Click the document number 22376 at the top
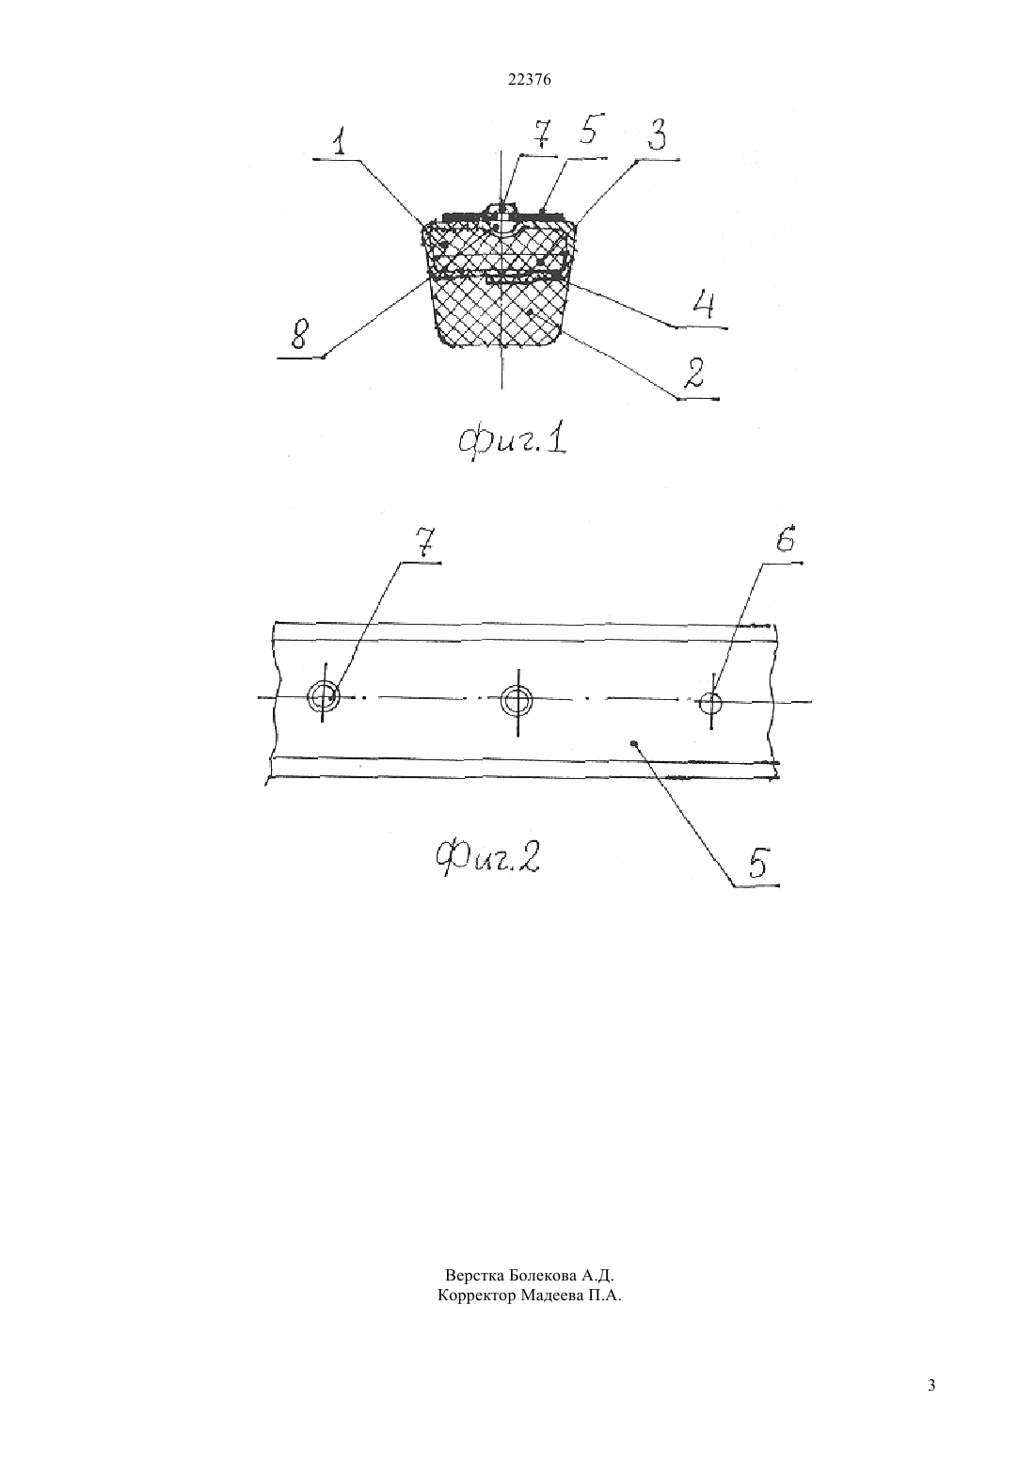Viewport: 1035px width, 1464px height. click(x=529, y=80)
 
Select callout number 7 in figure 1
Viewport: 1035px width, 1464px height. click(x=542, y=135)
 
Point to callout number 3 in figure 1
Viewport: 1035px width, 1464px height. click(x=656, y=136)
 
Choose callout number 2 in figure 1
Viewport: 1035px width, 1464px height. click(x=693, y=374)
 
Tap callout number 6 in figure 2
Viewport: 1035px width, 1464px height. click(x=785, y=540)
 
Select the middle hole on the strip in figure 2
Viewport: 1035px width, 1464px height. click(x=517, y=701)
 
